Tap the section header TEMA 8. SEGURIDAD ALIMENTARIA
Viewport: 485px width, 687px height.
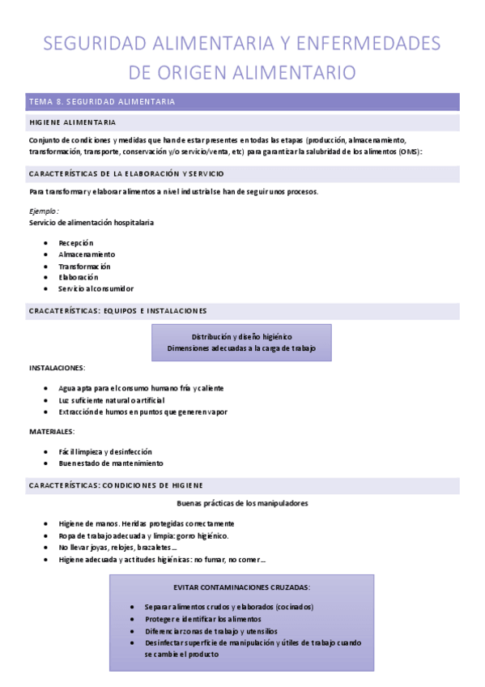pos(102,102)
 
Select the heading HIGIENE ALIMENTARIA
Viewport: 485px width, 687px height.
pos(72,122)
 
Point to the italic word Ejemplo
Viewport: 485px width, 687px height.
pos(43,211)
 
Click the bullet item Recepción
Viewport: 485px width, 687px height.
pos(76,242)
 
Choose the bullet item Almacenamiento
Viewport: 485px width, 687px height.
pos(87,254)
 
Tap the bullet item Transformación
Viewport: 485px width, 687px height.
pos(84,266)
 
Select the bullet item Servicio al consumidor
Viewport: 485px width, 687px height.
pos(96,288)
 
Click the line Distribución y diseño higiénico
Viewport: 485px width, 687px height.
pos(241,335)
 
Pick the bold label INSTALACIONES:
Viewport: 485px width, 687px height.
pos(57,368)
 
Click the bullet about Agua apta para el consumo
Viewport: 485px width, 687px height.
pos(141,388)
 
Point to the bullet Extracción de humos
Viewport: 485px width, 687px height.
pos(143,412)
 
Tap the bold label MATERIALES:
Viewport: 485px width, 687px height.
pos(52,431)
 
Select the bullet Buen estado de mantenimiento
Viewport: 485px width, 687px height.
pos(111,463)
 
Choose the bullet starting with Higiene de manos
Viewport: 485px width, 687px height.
pos(147,523)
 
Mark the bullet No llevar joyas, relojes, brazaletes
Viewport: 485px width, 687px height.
pos(118,547)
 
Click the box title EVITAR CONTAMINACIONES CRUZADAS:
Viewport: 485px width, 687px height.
pos(241,587)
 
